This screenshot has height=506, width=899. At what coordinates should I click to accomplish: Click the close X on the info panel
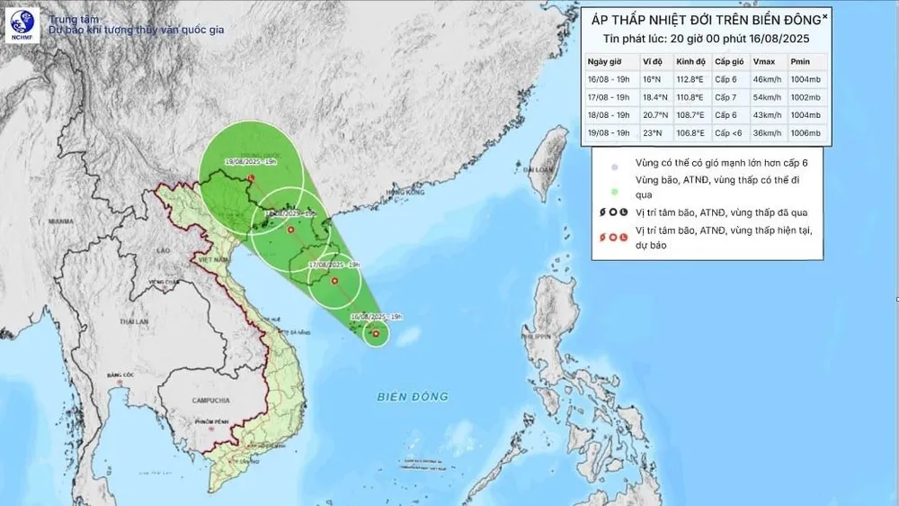(824, 16)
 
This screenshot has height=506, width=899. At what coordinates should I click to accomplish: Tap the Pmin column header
(800, 61)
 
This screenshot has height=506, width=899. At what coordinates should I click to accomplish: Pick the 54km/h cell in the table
(766, 97)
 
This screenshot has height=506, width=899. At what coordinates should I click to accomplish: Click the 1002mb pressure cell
(806, 97)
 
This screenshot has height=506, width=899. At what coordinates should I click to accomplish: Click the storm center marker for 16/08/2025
(375, 335)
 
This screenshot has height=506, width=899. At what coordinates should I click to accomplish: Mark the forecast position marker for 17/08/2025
(334, 281)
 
